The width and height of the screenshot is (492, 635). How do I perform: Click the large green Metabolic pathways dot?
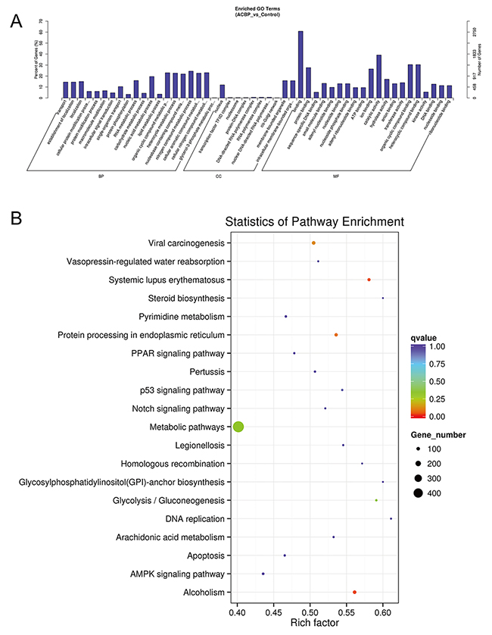[x=238, y=427]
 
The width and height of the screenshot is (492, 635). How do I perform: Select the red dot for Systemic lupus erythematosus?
[x=369, y=280]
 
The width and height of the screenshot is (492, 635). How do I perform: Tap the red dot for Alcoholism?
[x=354, y=592]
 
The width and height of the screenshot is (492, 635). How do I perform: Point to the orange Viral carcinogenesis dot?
[x=313, y=242]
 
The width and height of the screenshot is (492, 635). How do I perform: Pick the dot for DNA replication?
[x=391, y=518]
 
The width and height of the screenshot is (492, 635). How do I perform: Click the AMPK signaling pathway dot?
[x=263, y=574]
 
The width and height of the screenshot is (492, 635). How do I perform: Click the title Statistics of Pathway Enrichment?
[x=314, y=221]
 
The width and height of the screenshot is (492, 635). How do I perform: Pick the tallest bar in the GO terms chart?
[x=300, y=64]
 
